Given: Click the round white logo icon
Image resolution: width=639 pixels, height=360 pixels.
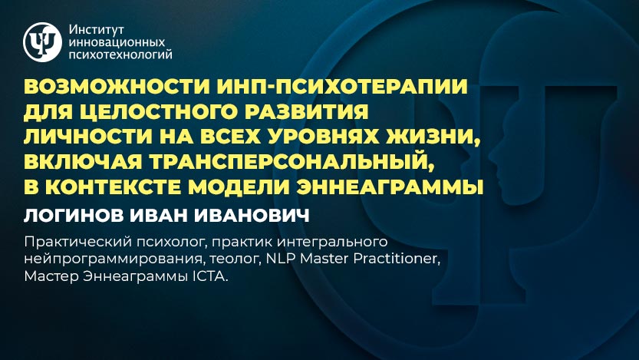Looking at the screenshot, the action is [42, 42].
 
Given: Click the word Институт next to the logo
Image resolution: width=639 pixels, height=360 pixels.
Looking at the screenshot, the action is [96, 30].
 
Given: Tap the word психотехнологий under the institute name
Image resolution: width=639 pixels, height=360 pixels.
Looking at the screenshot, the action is [120, 54].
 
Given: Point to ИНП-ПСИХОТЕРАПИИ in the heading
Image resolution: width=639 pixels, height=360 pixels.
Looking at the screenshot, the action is [342, 87].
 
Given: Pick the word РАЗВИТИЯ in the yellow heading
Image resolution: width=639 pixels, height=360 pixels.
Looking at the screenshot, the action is [308, 111].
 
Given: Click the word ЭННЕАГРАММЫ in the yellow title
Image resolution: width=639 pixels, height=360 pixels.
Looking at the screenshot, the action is [390, 187].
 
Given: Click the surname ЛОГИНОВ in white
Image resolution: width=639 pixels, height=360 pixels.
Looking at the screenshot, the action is [74, 215].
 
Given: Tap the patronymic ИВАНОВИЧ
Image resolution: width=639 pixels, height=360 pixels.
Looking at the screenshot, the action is [252, 215].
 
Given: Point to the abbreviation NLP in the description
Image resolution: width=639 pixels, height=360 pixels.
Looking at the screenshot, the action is [281, 259].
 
